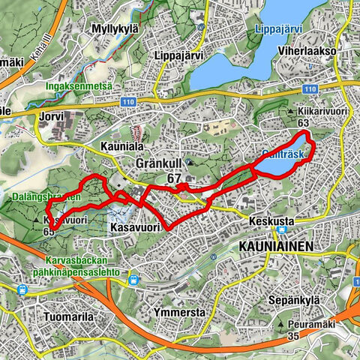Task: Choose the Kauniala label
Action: point(121,146)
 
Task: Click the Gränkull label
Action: point(160,163)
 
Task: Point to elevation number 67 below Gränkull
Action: point(175,178)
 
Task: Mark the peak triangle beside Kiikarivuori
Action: point(290,111)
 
